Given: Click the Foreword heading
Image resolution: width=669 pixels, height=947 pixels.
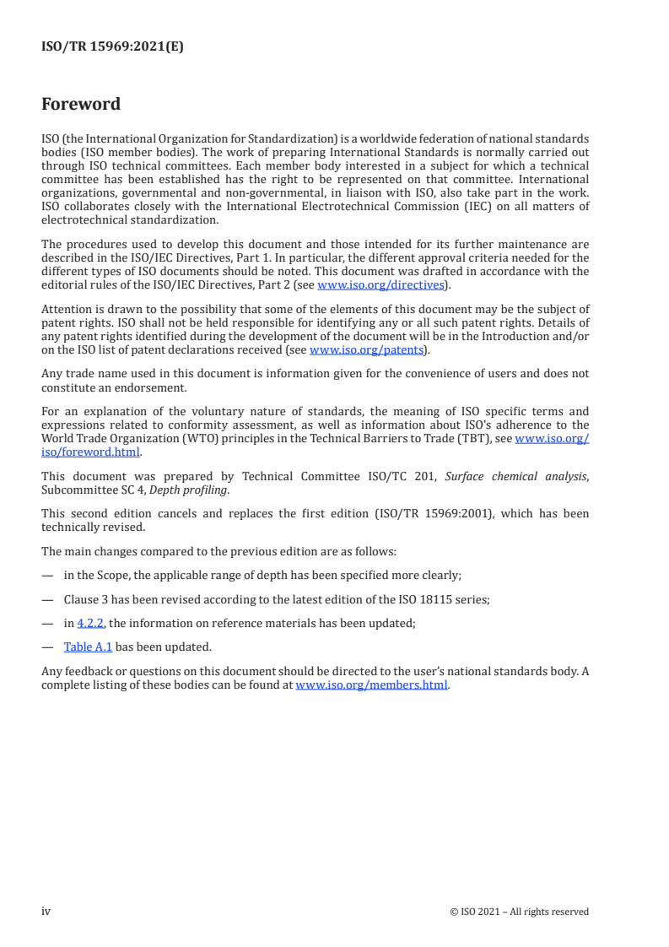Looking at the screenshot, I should (81, 105).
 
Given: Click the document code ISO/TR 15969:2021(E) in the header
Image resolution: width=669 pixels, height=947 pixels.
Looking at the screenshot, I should (112, 47).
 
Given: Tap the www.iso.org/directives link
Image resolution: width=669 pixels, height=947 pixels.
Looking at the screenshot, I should (380, 285).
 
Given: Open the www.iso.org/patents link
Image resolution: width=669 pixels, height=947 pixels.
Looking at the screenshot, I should (369, 349).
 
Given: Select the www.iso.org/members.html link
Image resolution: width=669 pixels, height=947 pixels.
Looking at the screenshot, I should (371, 685).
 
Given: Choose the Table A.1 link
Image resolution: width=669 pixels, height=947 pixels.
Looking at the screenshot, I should (88, 647).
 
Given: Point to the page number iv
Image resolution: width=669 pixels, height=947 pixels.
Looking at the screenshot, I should (46, 912).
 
